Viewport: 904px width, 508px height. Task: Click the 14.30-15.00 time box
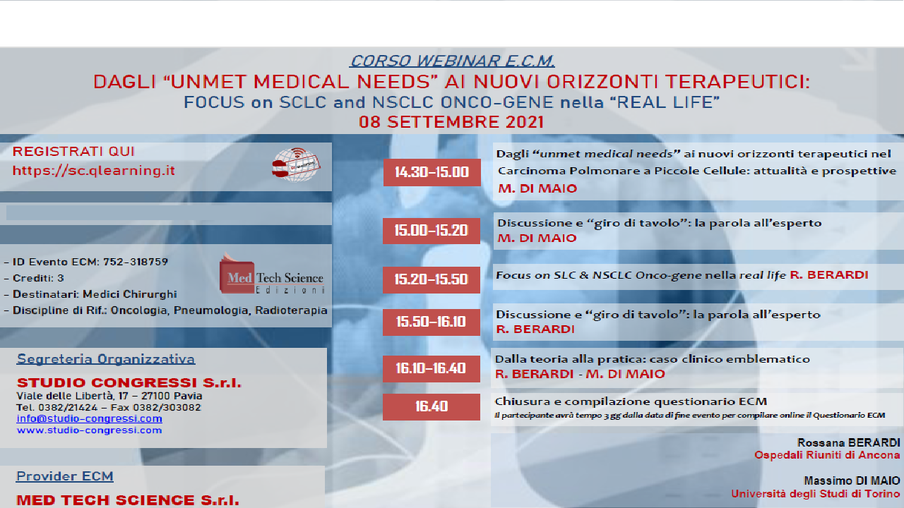(432, 172)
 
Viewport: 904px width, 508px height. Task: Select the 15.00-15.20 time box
(432, 230)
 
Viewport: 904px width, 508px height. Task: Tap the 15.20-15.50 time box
(432, 279)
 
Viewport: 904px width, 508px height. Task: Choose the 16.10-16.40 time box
(432, 368)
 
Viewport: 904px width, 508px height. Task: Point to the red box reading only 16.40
(432, 406)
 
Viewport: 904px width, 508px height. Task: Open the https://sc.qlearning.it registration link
(94, 171)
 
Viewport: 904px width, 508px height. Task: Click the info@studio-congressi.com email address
(89, 418)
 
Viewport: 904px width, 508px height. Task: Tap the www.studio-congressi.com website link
(89, 430)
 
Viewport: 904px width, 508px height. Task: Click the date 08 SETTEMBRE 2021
(451, 121)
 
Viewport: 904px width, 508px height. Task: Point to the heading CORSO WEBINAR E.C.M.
(452, 61)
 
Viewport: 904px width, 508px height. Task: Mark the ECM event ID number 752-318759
(136, 262)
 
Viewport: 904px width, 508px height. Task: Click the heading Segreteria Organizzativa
(106, 359)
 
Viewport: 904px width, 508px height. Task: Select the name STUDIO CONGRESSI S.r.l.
(129, 383)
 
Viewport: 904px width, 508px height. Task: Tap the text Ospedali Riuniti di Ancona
(827, 455)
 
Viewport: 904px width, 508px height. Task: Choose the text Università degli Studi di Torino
(816, 494)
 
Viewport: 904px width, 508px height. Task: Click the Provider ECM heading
(65, 476)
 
